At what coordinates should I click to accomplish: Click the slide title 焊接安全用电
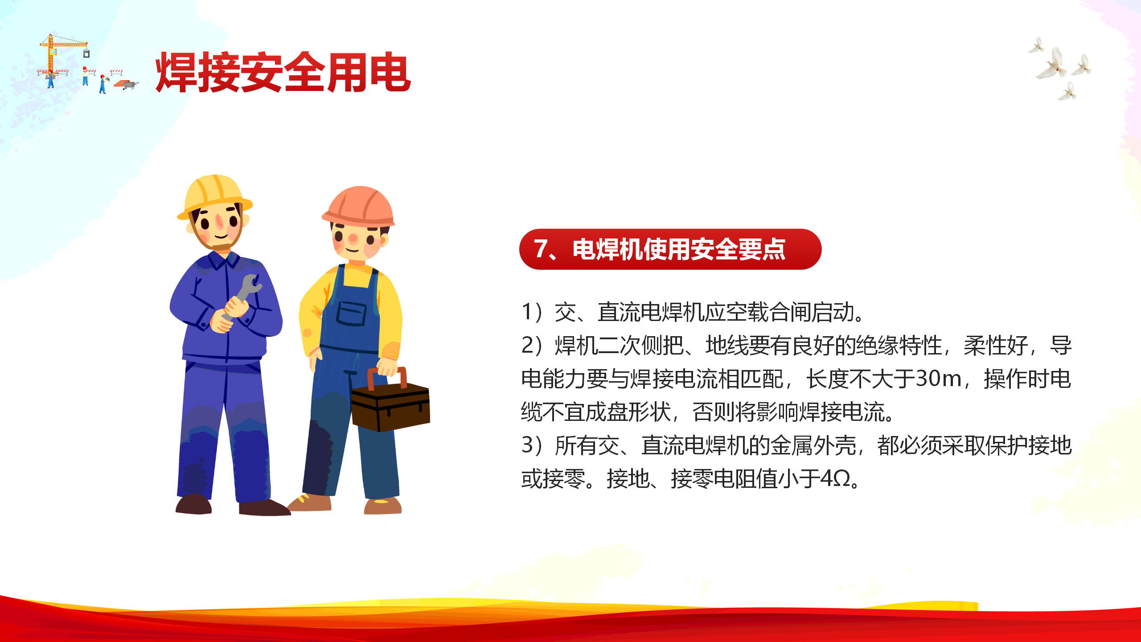point(283,72)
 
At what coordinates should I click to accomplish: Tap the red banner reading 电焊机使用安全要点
point(670,249)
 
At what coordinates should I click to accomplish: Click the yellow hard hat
point(214,196)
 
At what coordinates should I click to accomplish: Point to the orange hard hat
point(359,206)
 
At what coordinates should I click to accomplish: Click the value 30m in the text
point(938,379)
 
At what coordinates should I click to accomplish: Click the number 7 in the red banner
point(541,249)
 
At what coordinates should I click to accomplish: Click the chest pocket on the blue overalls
point(351,313)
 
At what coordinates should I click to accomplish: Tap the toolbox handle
point(387,377)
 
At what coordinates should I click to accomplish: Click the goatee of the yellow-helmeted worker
point(222,247)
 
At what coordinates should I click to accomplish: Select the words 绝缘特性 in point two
point(899,345)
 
